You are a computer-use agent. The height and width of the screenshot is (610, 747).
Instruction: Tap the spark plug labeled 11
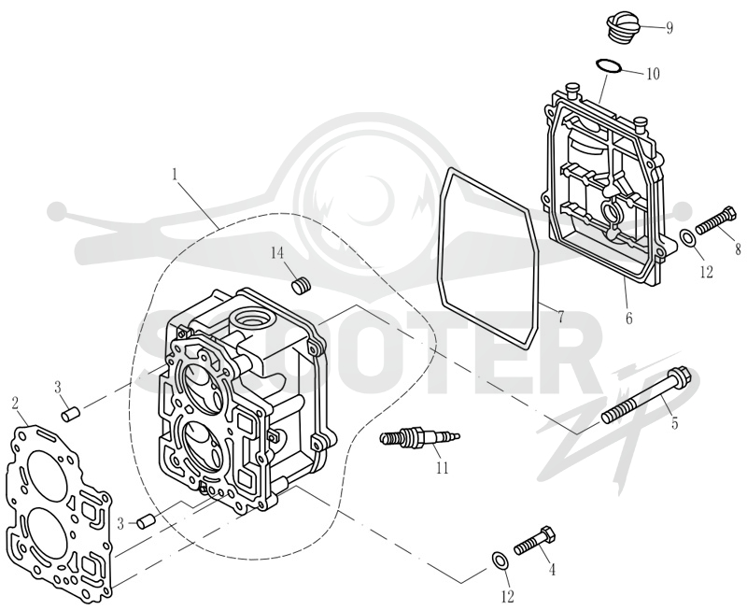tap(420, 436)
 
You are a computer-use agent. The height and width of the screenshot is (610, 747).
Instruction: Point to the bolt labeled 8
tap(714, 220)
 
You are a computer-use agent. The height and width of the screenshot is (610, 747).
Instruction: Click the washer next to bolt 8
tap(686, 238)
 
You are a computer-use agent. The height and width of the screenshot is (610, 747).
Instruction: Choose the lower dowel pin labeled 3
tap(147, 520)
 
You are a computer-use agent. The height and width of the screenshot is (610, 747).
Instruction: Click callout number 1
tap(175, 175)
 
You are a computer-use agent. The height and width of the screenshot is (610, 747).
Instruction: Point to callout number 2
tap(16, 404)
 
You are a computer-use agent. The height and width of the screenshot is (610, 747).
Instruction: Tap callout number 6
tap(628, 319)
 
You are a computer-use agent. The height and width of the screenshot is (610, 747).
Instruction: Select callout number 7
tap(561, 316)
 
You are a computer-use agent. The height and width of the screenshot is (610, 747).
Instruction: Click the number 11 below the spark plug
tap(442, 468)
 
